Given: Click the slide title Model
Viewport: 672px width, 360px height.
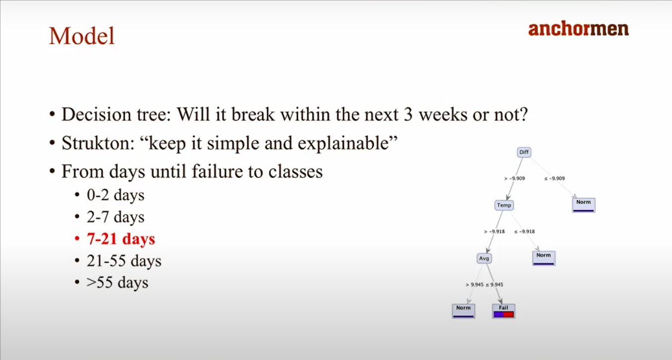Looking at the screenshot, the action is point(82,36).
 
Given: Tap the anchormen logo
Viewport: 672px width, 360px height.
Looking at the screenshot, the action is point(578,29).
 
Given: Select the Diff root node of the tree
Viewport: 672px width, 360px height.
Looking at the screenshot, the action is point(524,152).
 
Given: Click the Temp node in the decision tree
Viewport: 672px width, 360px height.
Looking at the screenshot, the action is point(504,205).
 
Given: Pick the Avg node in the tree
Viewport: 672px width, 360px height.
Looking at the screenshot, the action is point(484,258).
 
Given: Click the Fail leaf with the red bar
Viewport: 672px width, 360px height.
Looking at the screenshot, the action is point(504,311).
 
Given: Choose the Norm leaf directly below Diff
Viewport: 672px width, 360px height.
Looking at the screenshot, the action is point(583,205).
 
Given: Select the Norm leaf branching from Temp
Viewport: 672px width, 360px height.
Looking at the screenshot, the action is point(544,258).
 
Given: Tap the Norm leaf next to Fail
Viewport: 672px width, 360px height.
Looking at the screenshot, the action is point(463,311).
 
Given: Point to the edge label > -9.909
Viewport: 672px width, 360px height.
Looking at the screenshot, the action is point(514,179).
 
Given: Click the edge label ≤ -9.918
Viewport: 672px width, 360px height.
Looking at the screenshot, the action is point(524,232).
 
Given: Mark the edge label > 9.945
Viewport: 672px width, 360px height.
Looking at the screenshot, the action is point(475,285).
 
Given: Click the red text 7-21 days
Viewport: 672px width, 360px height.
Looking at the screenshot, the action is point(121,239).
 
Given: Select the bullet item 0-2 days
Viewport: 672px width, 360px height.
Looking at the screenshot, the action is point(115,195).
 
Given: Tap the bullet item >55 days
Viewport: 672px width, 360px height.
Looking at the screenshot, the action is point(117,283).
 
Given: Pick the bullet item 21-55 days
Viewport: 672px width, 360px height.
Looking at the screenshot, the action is point(124,261).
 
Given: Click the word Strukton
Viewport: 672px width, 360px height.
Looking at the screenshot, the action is point(98,143).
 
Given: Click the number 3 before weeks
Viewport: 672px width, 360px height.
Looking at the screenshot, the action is point(408,115).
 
